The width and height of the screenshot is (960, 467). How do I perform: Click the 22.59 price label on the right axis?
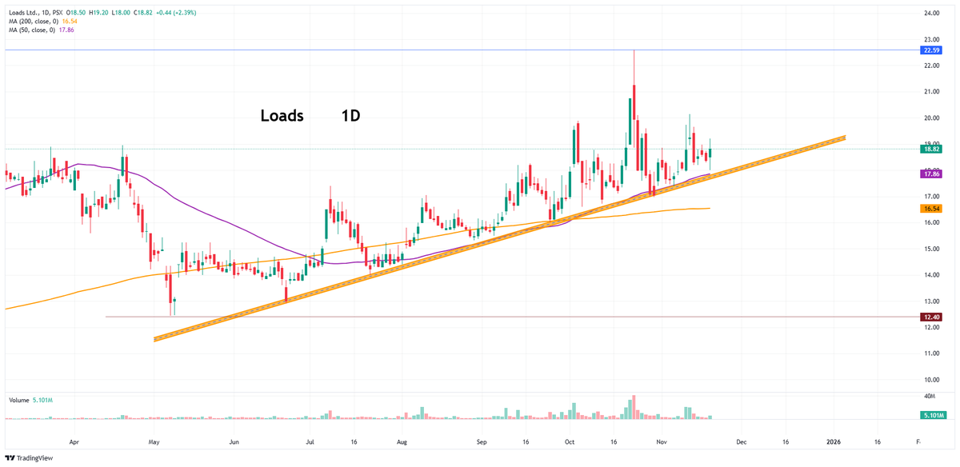point(931,50)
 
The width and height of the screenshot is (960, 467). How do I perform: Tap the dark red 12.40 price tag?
point(931,317)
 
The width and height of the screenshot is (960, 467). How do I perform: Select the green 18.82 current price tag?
point(931,149)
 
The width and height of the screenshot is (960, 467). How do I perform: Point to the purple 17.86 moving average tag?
point(931,174)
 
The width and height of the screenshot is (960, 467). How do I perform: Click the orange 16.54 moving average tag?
point(931,208)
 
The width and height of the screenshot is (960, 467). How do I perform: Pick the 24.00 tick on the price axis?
point(931,14)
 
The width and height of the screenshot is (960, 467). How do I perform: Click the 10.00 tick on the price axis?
point(931,379)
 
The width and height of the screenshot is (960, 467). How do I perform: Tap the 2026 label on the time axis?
point(834,441)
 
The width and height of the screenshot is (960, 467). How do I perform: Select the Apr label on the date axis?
point(74,441)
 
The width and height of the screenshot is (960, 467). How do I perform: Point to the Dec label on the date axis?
point(742,441)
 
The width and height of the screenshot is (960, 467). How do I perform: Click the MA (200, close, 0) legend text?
point(31,22)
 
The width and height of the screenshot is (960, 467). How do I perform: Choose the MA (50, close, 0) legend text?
point(30,30)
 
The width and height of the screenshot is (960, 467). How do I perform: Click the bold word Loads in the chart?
point(282,116)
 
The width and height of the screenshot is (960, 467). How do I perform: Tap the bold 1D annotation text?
point(350,116)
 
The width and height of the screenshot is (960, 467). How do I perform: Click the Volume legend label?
point(18,400)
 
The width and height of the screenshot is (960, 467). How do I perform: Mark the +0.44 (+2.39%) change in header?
point(175,13)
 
